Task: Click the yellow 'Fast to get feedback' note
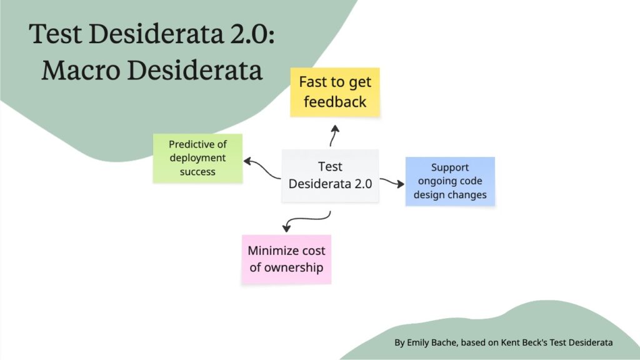(334, 92)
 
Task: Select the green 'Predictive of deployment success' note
(197, 158)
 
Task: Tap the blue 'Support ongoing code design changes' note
(450, 181)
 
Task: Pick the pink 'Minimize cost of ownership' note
(286, 259)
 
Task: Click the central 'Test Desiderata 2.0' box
(330, 176)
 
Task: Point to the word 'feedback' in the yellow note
(334, 102)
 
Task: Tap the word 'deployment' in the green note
(197, 158)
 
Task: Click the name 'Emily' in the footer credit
(420, 342)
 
